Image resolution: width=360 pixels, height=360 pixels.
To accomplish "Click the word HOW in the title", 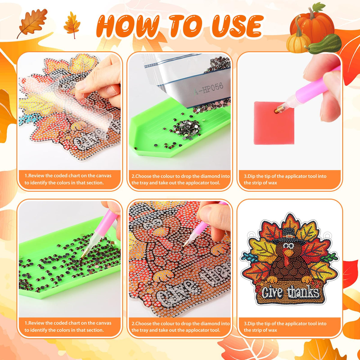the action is (x=128, y=26).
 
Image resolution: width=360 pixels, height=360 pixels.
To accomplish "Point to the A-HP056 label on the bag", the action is (x=208, y=89).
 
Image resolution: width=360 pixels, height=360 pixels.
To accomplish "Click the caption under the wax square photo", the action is (x=285, y=179).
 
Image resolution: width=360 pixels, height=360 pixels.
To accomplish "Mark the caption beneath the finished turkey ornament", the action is (x=285, y=327).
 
